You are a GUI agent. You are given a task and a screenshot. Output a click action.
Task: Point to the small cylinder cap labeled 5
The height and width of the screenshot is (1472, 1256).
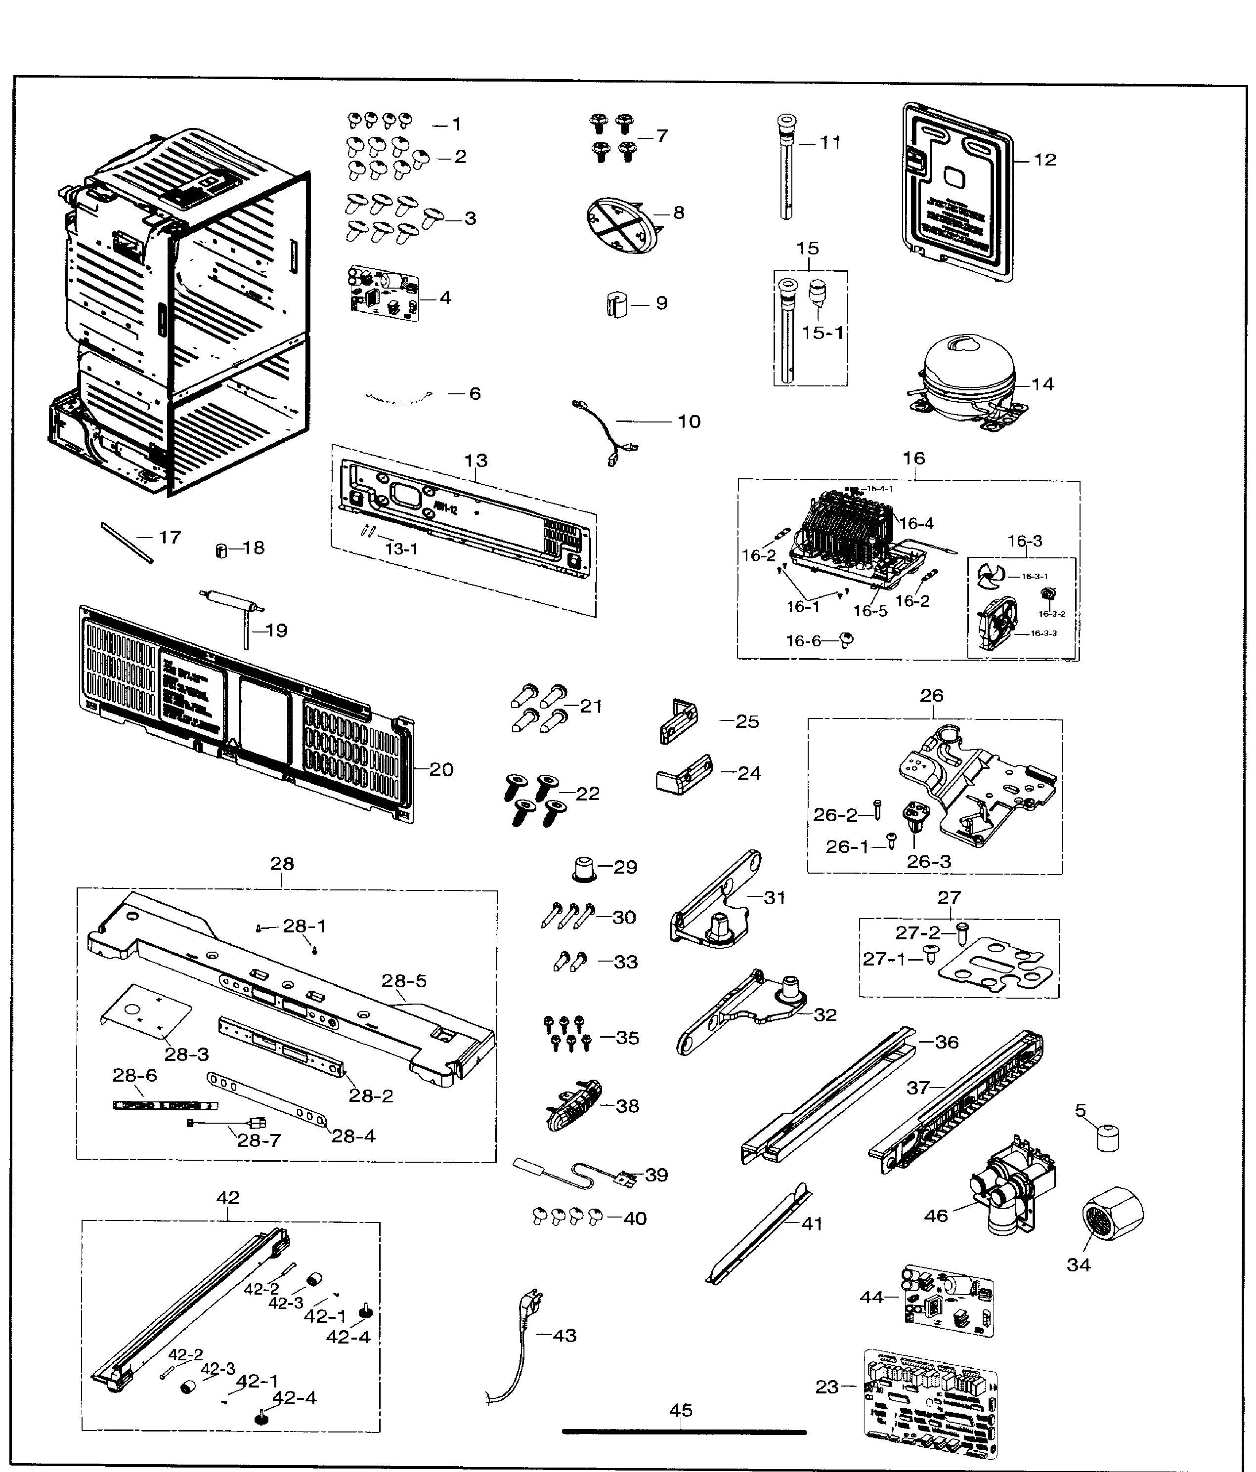tap(1107, 1136)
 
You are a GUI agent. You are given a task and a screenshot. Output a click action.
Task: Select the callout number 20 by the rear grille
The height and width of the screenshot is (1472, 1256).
tap(441, 769)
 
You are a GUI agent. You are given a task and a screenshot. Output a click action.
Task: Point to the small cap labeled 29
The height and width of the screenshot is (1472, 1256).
tap(585, 867)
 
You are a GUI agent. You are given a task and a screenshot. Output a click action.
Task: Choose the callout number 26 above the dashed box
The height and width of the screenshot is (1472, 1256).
tap(931, 696)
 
